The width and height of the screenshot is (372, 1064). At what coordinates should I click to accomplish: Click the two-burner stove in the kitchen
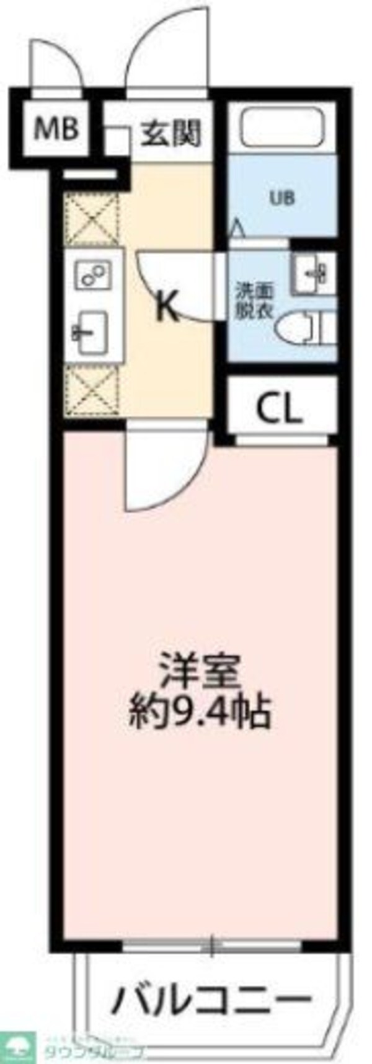[x=92, y=273]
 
